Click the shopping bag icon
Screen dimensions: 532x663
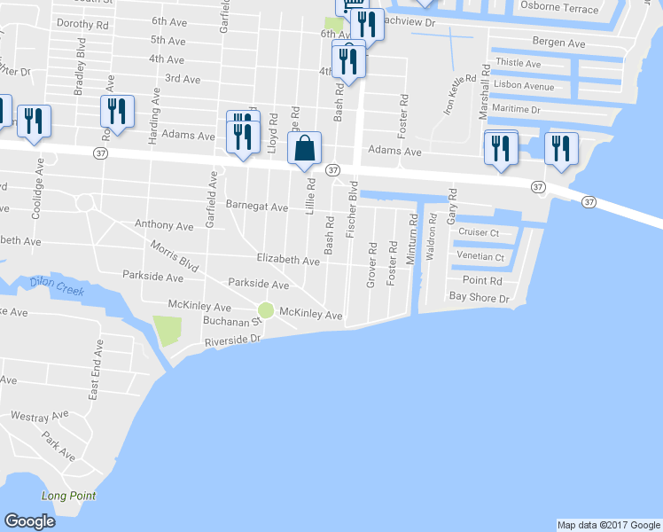(x=305, y=150)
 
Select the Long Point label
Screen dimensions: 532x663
(x=68, y=496)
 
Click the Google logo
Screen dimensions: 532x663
(x=30, y=521)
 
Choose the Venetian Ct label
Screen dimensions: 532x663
(x=480, y=257)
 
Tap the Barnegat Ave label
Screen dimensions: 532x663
(x=257, y=207)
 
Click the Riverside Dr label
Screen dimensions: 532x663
(x=235, y=340)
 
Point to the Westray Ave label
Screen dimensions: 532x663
(x=39, y=415)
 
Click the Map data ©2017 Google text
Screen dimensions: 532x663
(x=607, y=525)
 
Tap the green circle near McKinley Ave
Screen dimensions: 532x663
(x=266, y=309)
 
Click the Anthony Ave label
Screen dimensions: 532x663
(x=164, y=226)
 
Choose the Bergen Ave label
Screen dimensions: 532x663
(x=558, y=43)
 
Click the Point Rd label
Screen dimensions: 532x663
(x=482, y=280)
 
